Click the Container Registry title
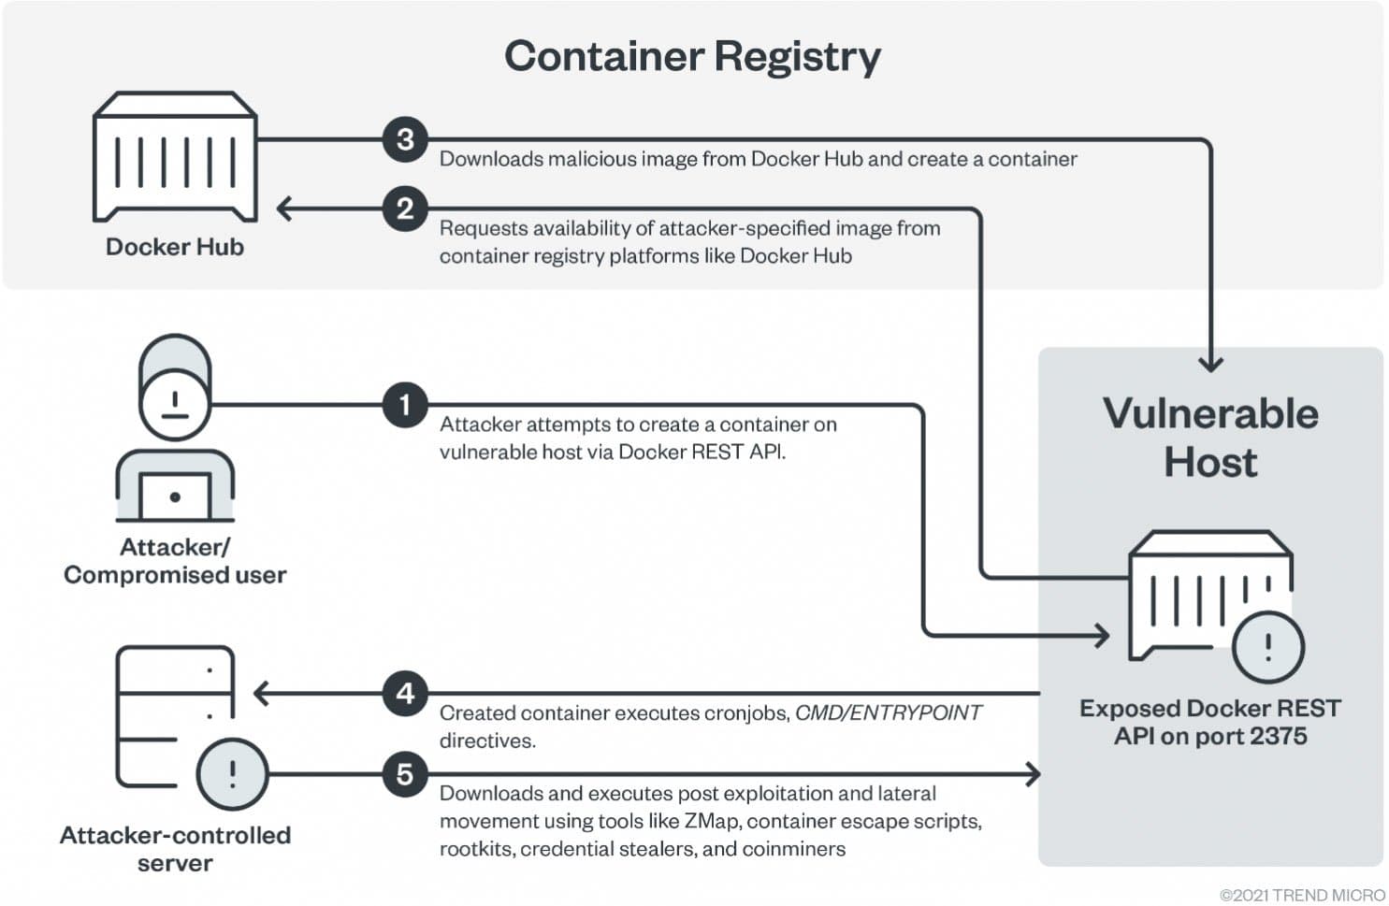point(692,56)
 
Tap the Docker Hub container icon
point(175,156)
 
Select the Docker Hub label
point(175,247)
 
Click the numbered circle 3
point(405,139)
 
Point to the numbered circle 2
point(405,209)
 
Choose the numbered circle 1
point(405,405)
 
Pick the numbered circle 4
point(405,694)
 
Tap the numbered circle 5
point(405,774)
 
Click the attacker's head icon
point(175,387)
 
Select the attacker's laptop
point(175,496)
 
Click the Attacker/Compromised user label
point(175,561)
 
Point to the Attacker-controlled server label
point(175,849)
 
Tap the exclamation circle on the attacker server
point(232,774)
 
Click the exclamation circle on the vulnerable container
point(1268,647)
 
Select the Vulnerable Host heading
point(1210,438)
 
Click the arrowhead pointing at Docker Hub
point(284,209)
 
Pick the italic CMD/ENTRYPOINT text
point(888,712)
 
